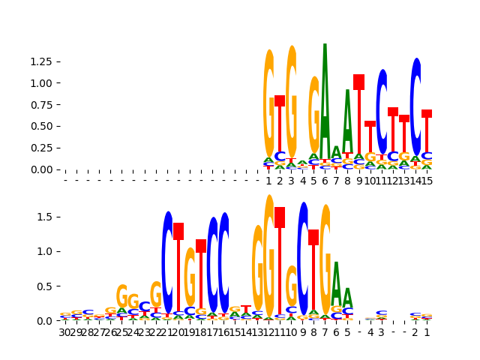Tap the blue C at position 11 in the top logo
point(382,112)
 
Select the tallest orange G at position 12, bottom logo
point(268,255)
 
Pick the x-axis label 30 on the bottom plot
point(65,332)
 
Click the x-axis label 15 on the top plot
point(427,181)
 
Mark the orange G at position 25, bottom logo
point(121,295)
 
